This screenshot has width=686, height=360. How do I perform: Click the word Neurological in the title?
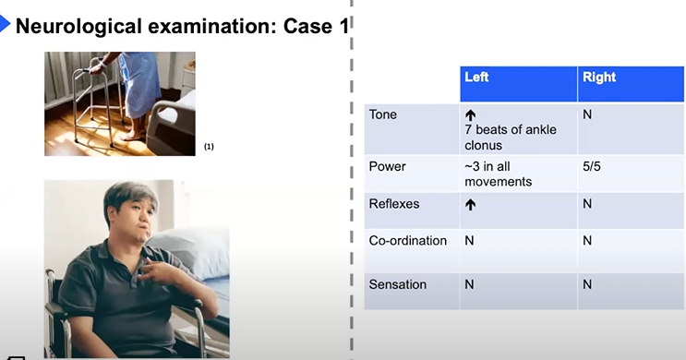point(78,27)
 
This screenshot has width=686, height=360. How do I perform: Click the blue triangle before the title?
point(5,24)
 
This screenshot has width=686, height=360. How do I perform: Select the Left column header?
point(476,77)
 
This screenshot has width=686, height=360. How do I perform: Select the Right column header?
point(599,77)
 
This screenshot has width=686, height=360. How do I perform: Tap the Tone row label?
point(383,114)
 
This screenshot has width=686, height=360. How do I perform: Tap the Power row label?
point(387,167)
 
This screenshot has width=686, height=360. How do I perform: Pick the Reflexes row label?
point(394,204)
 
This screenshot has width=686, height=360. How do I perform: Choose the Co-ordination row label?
point(408,241)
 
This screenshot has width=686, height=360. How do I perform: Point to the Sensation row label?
point(398,284)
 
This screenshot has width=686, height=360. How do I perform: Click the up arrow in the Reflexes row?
point(470,205)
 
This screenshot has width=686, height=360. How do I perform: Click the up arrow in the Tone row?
point(470,115)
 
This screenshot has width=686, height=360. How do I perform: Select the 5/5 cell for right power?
point(592,167)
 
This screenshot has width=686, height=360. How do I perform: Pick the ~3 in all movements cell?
point(499,174)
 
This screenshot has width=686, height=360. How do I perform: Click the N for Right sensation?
point(587,284)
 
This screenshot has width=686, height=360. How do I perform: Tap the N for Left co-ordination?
point(469,241)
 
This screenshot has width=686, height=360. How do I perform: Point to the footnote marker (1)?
point(210,147)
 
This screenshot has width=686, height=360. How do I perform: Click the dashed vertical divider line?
point(352,180)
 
